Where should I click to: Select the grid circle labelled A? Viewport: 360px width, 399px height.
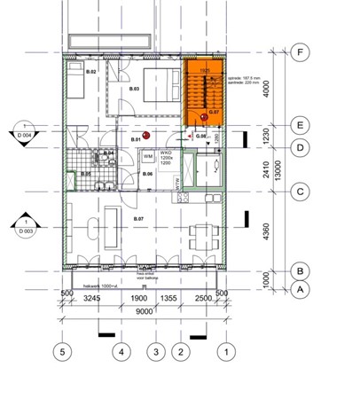(x=301, y=289)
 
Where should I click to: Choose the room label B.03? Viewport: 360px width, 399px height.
(x=134, y=90)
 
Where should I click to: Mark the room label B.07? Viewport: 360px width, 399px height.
(x=137, y=217)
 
